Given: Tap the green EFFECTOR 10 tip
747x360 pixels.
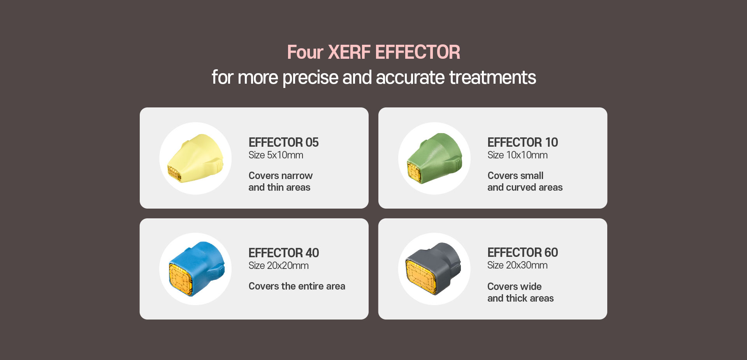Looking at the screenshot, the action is click(x=434, y=158).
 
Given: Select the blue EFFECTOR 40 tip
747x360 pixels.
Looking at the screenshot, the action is click(x=197, y=269).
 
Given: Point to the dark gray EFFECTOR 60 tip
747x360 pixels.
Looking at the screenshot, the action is click(x=434, y=269).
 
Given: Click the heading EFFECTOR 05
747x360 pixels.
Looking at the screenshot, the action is click(x=283, y=142).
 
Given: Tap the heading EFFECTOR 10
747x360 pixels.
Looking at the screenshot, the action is click(x=522, y=142).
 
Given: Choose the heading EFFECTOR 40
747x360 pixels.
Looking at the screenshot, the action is click(x=284, y=253).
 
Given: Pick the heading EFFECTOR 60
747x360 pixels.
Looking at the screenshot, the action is click(x=522, y=253).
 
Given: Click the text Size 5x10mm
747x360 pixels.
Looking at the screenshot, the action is click(x=276, y=155).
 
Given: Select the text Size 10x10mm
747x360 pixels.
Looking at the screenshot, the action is click(x=517, y=155).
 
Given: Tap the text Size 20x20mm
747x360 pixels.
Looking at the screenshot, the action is click(x=278, y=266).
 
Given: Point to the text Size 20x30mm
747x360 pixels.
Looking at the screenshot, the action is click(x=517, y=265).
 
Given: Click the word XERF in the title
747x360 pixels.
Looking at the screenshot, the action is click(x=349, y=52).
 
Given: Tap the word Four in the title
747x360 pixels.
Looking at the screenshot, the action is click(x=305, y=52).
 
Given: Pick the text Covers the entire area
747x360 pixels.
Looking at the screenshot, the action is click(x=297, y=286).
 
